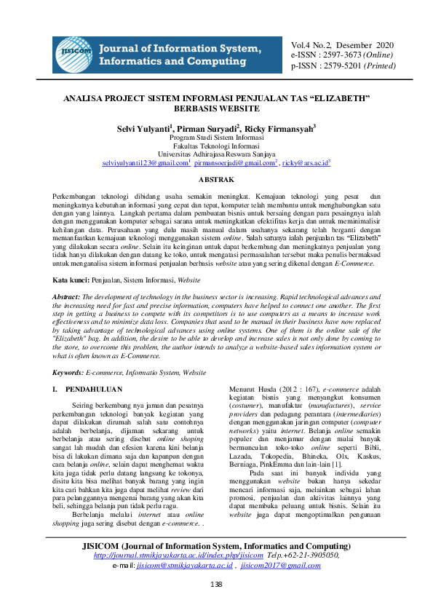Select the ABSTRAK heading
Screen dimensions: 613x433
[216, 179]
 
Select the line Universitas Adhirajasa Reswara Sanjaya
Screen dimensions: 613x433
[216, 154]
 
